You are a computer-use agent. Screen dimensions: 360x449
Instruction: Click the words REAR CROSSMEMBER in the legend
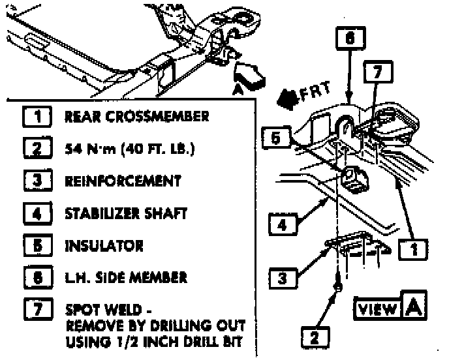coord(136,117)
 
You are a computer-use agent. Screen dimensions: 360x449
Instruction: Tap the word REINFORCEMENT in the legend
coord(123,181)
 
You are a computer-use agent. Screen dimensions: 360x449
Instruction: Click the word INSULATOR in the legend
coord(104,246)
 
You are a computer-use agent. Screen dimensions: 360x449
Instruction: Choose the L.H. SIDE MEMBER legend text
coord(126,277)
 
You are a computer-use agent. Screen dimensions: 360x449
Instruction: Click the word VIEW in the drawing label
coord(378,308)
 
